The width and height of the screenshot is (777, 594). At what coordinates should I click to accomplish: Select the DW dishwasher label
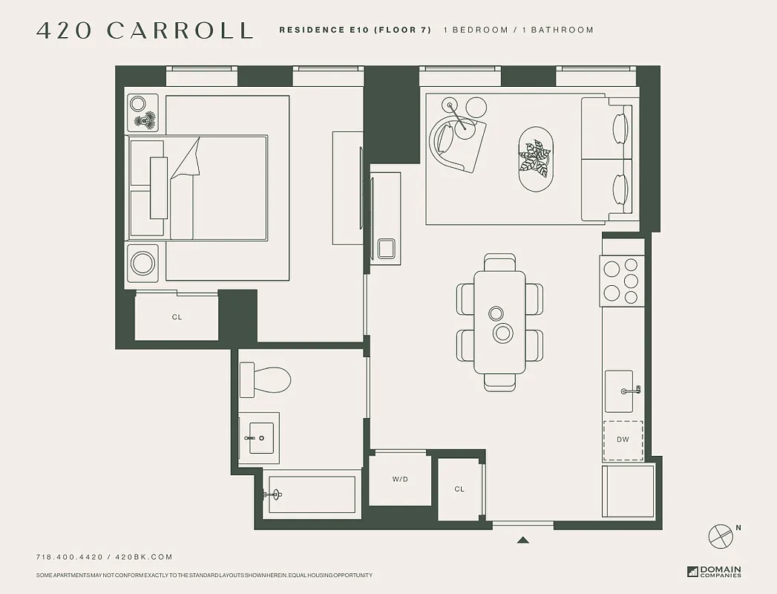(x=623, y=440)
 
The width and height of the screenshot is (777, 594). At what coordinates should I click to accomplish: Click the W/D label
(x=400, y=480)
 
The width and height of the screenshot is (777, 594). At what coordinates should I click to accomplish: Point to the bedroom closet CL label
(x=177, y=317)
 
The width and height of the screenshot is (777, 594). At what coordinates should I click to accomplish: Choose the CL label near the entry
(x=459, y=489)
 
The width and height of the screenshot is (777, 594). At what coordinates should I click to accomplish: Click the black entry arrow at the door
(x=523, y=541)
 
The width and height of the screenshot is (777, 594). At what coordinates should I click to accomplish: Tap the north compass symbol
(x=721, y=535)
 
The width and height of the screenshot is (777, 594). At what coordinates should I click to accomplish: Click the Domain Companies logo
(x=713, y=572)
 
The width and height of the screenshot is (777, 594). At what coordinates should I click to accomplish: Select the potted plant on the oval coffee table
(x=535, y=158)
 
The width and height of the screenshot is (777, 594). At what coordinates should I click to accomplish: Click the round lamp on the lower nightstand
(x=142, y=263)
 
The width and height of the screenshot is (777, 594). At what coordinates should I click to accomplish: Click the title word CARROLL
(x=180, y=30)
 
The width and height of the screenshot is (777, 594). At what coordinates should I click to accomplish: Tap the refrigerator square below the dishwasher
(x=628, y=492)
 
